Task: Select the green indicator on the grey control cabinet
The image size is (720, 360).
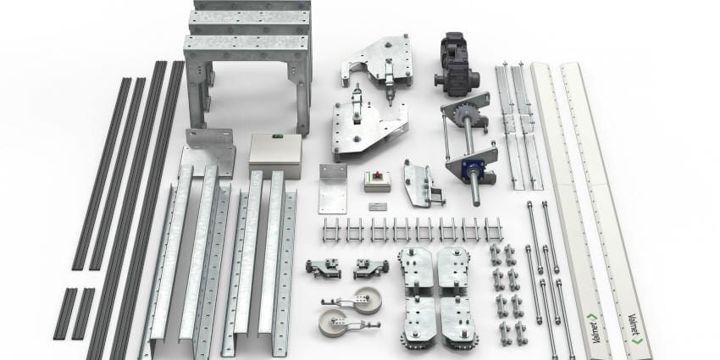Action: (x=276, y=136)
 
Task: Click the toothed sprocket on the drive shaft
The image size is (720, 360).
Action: (x=465, y=115)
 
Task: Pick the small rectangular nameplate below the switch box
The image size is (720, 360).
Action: (x=378, y=207)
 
